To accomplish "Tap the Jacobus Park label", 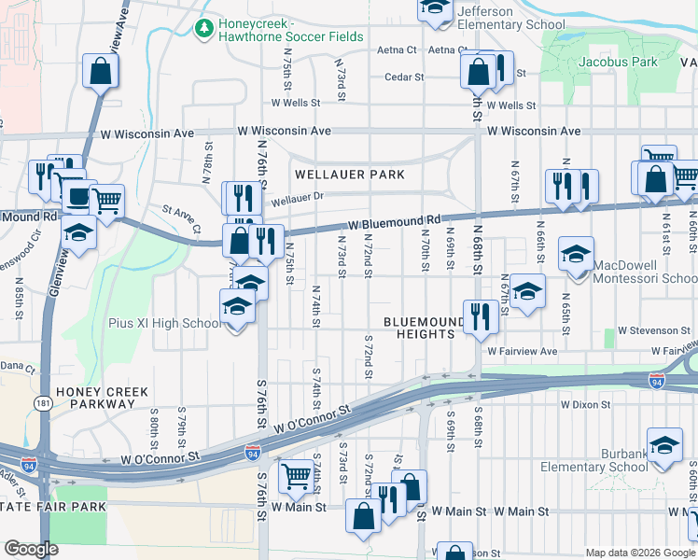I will click(618, 62).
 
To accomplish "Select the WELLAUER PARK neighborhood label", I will click(350, 175).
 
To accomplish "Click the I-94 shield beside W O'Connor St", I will click(252, 453).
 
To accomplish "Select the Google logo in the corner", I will click(31, 548).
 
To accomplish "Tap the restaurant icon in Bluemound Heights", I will click(481, 315).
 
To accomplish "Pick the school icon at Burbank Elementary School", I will click(664, 445).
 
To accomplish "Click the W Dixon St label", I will click(584, 405).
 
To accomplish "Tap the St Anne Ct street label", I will click(181, 218).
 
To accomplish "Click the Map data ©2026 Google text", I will click(640, 553).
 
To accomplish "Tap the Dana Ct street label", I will click(17, 367).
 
